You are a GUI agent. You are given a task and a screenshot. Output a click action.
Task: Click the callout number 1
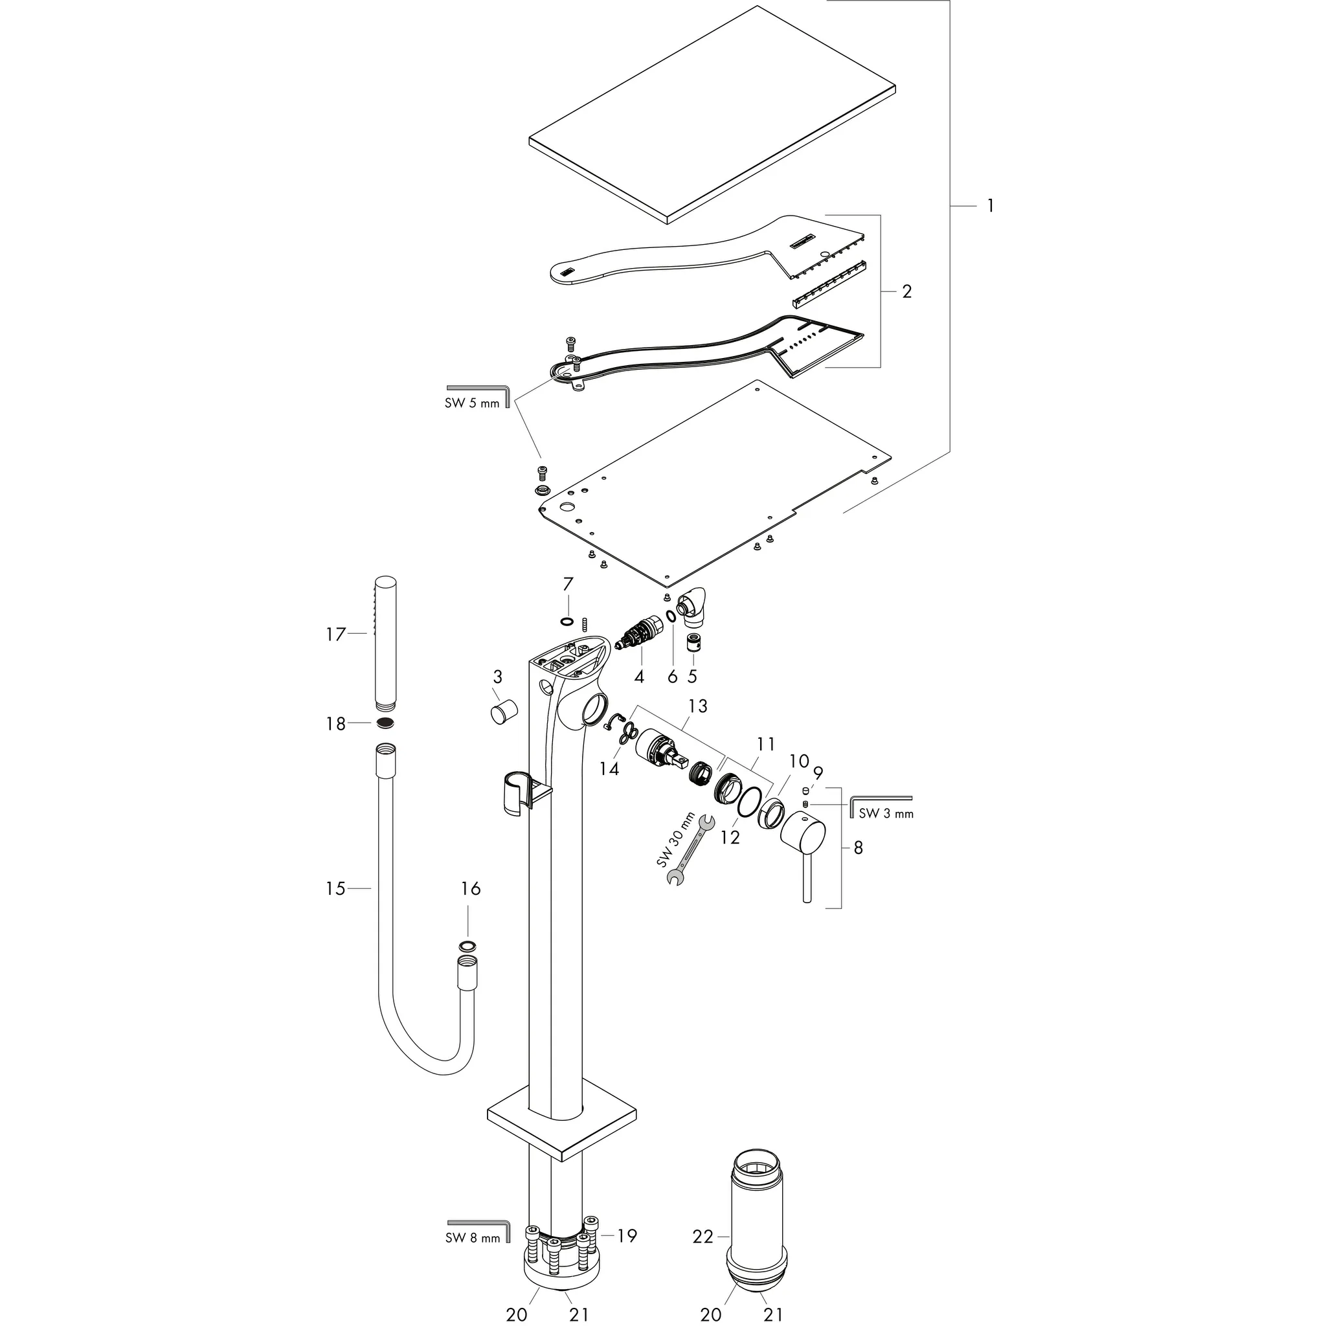coord(990,205)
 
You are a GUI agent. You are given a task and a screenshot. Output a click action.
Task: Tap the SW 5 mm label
coord(472,403)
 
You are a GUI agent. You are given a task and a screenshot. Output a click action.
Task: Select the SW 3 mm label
coord(886,813)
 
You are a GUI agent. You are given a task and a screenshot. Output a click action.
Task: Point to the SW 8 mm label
coord(472,1258)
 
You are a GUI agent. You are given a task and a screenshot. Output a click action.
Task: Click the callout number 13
coord(697,706)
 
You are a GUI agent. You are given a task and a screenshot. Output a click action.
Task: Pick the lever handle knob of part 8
coord(803,831)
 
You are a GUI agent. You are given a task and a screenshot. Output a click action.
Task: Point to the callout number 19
coord(627,1255)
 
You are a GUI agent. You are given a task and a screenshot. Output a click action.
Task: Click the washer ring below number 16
coord(467,947)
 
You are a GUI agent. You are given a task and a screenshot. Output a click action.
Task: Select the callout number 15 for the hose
coord(335,889)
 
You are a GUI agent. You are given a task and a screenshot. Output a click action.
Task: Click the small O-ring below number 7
coord(567,622)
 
